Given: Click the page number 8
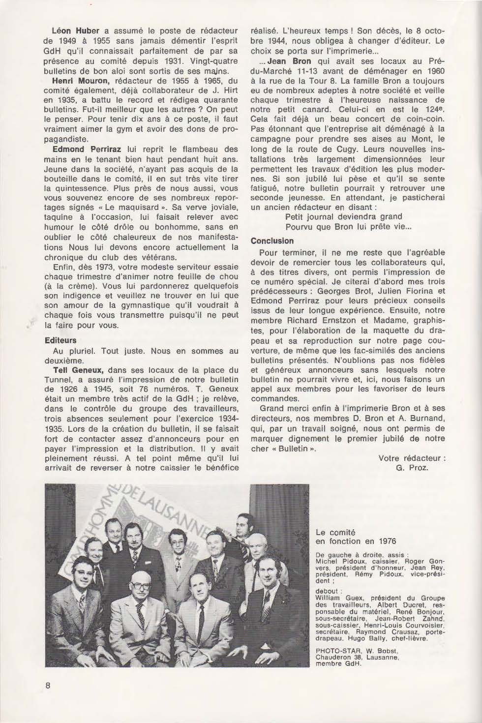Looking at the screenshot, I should point(48,686).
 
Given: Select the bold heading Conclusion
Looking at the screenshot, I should point(272,241).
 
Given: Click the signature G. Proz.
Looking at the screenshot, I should point(412,467).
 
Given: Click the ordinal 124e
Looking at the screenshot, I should point(433,110).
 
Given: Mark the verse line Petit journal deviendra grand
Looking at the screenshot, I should point(343,216).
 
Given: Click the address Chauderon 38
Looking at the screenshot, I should point(336,656).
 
